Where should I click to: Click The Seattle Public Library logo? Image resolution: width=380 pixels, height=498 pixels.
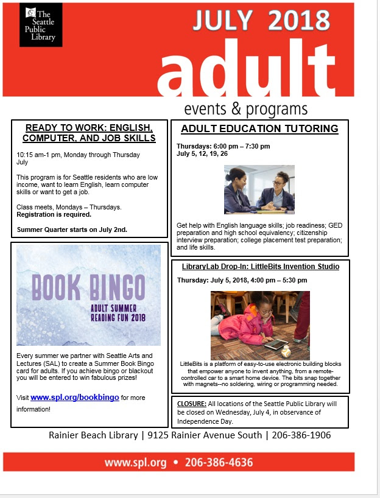[x=41, y=25]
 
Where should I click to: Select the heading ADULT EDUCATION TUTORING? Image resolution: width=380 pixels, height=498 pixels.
[x=259, y=128]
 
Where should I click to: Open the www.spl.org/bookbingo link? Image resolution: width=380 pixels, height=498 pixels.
[x=74, y=398]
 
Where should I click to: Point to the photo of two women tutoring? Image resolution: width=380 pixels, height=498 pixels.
[x=259, y=189]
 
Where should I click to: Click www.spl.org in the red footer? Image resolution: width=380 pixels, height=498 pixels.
[x=135, y=463]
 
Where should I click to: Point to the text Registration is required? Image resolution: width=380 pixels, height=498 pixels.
[x=54, y=215]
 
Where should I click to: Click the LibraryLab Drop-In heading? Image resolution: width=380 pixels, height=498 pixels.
[x=260, y=267]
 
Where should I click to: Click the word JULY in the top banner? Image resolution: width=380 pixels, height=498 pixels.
[x=223, y=22]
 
